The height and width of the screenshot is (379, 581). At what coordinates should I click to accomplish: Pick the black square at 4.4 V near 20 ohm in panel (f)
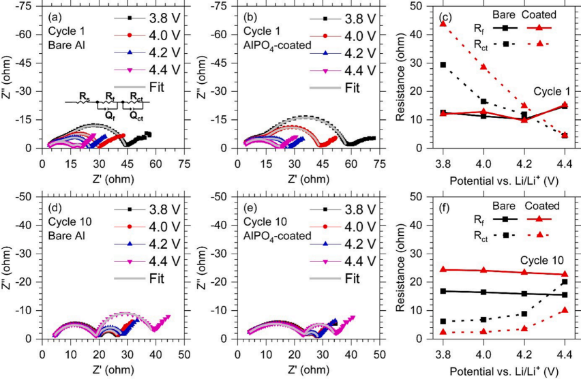point(564,282)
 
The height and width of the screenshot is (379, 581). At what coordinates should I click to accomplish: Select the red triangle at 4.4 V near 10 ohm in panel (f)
point(564,310)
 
